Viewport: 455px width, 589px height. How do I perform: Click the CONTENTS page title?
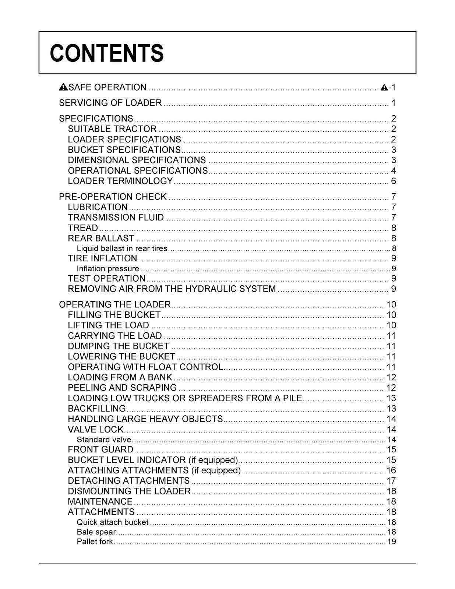pyautogui.click(x=107, y=53)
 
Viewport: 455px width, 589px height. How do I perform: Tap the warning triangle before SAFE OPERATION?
pyautogui.click(x=63, y=87)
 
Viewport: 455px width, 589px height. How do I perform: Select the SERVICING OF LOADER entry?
pyautogui.click(x=110, y=103)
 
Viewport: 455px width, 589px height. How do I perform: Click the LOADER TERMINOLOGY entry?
pyautogui.click(x=120, y=181)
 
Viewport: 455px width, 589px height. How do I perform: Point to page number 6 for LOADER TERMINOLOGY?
pyautogui.click(x=393, y=181)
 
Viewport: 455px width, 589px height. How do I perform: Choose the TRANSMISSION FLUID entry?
pyautogui.click(x=116, y=218)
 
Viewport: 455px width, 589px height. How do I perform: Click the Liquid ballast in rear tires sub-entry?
pyautogui.click(x=122, y=248)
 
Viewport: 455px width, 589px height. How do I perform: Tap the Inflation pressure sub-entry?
pyautogui.click(x=108, y=269)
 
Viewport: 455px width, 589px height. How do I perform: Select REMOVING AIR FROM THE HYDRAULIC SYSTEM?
pyautogui.click(x=172, y=289)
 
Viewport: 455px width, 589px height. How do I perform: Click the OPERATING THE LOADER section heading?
pyautogui.click(x=115, y=304)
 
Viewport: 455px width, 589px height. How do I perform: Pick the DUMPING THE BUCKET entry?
pyautogui.click(x=119, y=346)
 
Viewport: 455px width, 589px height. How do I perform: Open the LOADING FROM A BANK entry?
pyautogui.click(x=120, y=377)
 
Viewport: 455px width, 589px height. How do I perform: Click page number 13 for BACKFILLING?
pyautogui.click(x=391, y=409)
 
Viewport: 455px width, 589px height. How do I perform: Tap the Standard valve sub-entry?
pyautogui.click(x=104, y=440)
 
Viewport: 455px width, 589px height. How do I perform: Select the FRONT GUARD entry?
pyautogui.click(x=100, y=449)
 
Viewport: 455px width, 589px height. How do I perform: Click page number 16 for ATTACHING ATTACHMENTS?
pyautogui.click(x=391, y=470)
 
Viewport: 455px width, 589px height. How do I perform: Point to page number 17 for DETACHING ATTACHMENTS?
pyautogui.click(x=391, y=481)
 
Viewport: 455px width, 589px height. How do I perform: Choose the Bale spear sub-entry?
pyautogui.click(x=96, y=532)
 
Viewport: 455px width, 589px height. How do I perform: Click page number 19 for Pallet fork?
pyautogui.click(x=391, y=542)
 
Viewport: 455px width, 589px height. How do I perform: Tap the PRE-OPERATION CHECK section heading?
pyautogui.click(x=113, y=197)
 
